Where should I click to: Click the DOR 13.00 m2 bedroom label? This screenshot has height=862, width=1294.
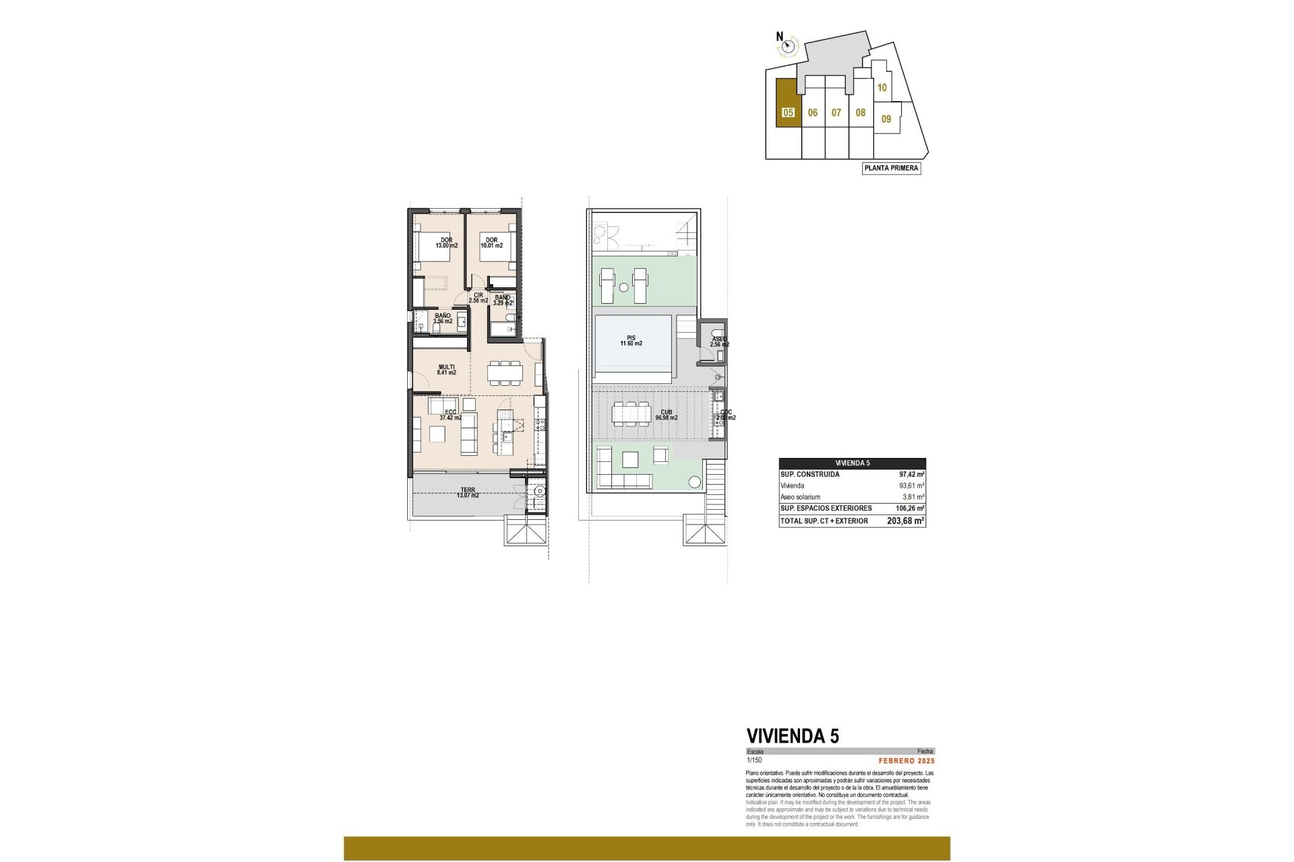(x=446, y=242)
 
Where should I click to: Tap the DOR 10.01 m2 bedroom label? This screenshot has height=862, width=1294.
(x=491, y=242)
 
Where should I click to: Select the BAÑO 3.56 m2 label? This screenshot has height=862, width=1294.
(x=443, y=319)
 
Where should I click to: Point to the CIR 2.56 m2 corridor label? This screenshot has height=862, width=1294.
(x=478, y=298)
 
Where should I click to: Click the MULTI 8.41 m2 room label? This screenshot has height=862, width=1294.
(x=446, y=369)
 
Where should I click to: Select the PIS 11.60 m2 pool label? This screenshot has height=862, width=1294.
(x=631, y=341)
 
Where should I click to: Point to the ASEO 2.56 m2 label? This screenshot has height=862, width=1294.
(x=719, y=342)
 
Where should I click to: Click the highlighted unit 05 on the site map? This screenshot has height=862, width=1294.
(x=788, y=112)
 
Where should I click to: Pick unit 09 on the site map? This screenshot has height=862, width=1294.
(x=886, y=119)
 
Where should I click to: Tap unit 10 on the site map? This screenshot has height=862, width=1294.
(x=882, y=88)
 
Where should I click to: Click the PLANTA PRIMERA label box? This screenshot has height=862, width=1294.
(x=891, y=168)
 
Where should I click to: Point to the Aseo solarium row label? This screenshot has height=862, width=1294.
(x=800, y=496)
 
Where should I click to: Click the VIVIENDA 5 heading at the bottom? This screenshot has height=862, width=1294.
(x=793, y=736)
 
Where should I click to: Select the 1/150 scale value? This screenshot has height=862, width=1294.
(x=753, y=760)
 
